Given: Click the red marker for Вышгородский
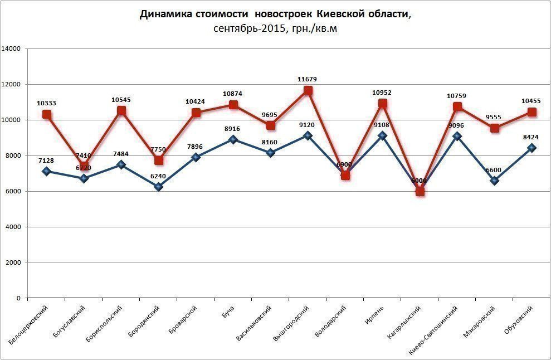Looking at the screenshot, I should point(308,90).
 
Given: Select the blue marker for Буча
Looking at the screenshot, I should point(233,139).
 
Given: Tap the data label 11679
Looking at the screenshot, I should point(307,80).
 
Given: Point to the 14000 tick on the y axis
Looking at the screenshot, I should point(12,49).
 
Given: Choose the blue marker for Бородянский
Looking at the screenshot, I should point(159,187).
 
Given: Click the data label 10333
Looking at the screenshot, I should point(47,103).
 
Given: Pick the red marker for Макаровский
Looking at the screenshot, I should point(495,128).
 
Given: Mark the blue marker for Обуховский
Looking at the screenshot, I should point(532,148).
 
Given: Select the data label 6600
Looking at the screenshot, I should point(494,170).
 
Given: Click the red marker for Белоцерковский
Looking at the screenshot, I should point(47,114).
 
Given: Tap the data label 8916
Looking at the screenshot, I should point(233,129).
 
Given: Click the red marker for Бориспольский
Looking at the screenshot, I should point(121,110).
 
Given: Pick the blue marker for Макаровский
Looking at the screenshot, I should point(495,181).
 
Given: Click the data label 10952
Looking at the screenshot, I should point(382,92).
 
